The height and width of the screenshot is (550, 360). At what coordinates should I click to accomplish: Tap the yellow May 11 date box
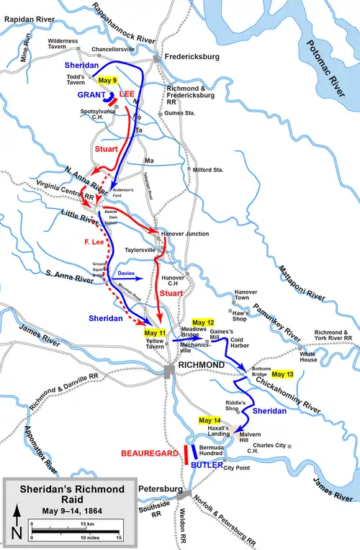[156, 333]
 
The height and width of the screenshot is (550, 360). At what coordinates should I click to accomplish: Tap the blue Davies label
[126, 274]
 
